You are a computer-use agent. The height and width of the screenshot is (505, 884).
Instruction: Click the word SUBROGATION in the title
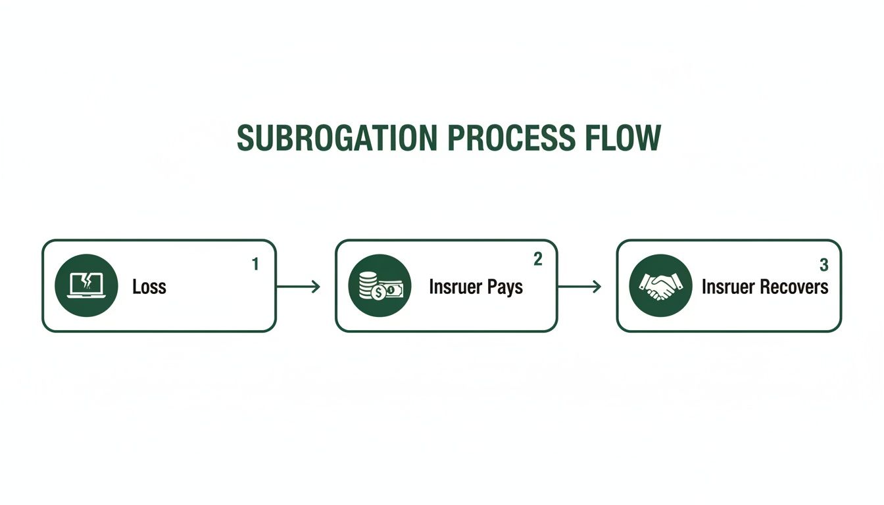(x=335, y=138)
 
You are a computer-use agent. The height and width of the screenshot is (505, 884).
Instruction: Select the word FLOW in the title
(x=622, y=138)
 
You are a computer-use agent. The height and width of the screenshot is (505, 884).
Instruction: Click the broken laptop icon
(x=87, y=285)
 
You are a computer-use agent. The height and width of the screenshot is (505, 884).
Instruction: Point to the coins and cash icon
(x=380, y=286)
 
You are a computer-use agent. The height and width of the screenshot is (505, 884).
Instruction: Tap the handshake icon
(x=660, y=286)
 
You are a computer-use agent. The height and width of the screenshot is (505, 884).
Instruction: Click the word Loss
(x=149, y=287)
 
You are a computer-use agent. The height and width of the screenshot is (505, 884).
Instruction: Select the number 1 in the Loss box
(x=255, y=264)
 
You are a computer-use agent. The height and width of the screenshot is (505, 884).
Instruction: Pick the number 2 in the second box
(x=537, y=260)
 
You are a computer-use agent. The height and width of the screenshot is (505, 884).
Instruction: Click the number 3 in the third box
(x=823, y=265)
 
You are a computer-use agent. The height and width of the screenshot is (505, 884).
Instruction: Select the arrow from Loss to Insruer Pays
(x=299, y=287)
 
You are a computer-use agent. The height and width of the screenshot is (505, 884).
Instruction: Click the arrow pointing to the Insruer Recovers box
(x=579, y=287)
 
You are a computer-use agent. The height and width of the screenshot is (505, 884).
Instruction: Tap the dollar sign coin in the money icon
(x=378, y=293)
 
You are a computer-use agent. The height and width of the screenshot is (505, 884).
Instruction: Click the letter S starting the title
(x=245, y=138)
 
